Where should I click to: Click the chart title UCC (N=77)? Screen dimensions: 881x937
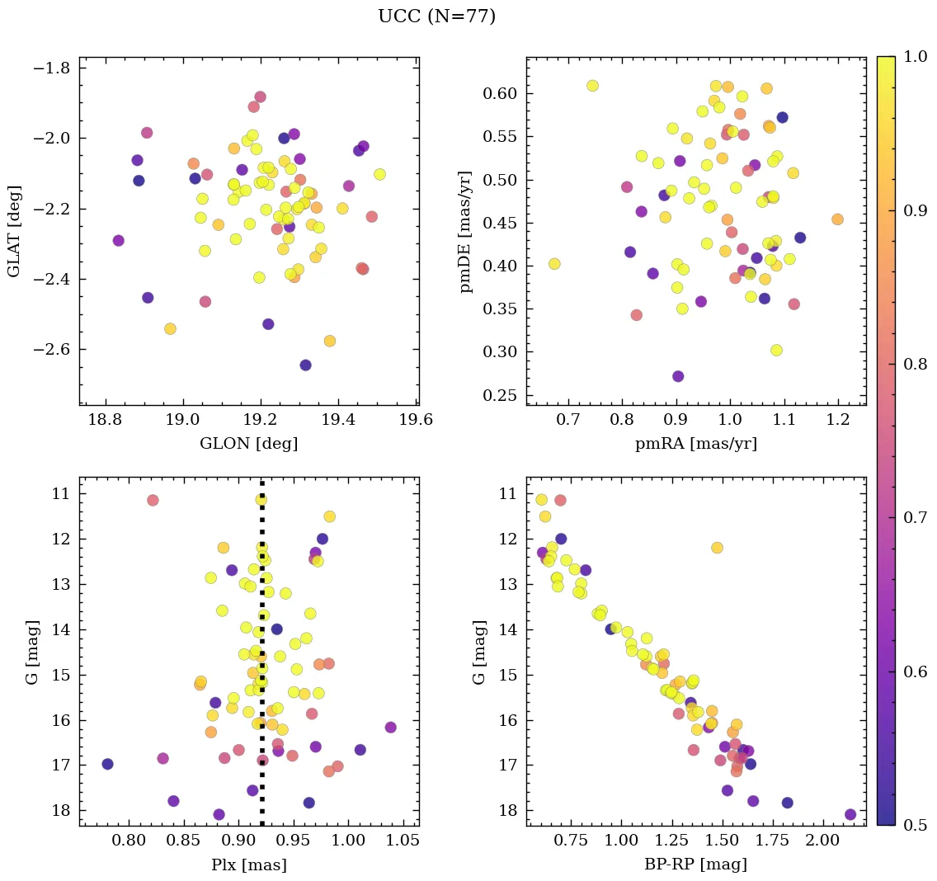[436, 16]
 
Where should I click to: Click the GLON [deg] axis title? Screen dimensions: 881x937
[248, 443]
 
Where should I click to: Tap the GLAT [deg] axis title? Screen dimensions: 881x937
[14, 231]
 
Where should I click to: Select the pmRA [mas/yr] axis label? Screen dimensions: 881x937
[695, 443]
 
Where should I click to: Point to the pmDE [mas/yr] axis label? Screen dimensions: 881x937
[466, 231]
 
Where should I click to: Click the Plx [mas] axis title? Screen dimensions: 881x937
[248, 865]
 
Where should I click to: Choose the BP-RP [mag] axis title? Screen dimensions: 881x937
[695, 865]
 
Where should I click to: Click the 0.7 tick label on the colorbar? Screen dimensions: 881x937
[913, 517]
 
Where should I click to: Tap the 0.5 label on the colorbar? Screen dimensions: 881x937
[913, 825]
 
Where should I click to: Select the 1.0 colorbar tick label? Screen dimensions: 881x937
[913, 57]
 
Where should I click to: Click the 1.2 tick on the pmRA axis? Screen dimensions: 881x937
[838, 421]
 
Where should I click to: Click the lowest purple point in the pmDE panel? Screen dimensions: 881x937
[678, 376]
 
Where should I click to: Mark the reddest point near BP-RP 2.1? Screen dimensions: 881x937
[850, 814]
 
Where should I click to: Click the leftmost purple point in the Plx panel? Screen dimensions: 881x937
[107, 764]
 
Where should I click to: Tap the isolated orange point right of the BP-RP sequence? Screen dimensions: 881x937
[717, 548]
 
